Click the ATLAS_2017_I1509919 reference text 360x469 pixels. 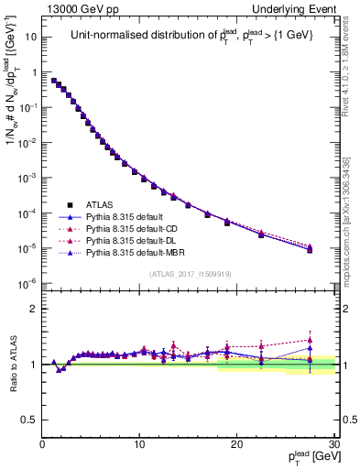191,273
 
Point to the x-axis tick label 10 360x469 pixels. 139,444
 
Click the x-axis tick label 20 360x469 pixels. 237,444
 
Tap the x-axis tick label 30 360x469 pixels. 334,444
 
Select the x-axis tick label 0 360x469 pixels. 42,444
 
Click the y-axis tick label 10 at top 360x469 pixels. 30,38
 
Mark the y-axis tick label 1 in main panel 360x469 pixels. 33,72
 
